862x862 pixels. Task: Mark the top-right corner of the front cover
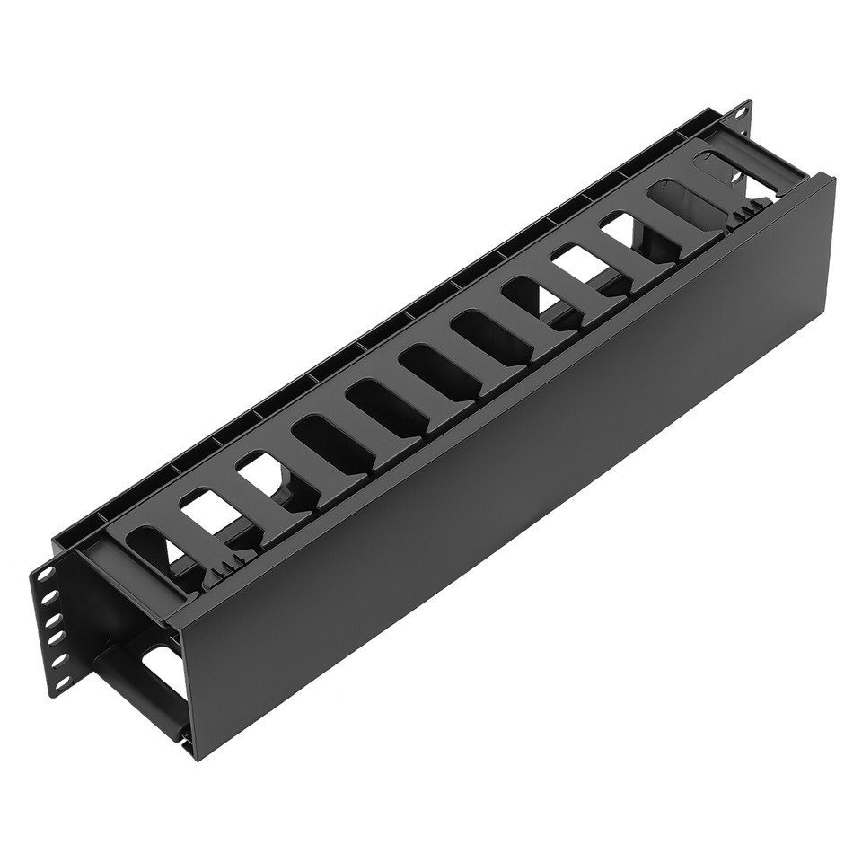tap(831, 179)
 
